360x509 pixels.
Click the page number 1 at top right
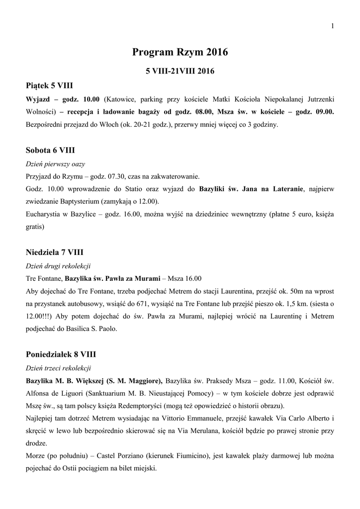click(331, 26)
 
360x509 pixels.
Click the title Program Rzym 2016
click(180, 52)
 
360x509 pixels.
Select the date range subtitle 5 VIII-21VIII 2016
click(180, 72)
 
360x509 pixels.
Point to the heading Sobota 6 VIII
click(50, 150)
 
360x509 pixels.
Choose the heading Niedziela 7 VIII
click(55, 253)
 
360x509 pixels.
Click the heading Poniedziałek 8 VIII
click(61, 354)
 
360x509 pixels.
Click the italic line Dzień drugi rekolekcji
click(58, 266)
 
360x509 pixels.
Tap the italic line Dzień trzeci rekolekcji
click(58, 368)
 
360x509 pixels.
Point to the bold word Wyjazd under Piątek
click(38, 98)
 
